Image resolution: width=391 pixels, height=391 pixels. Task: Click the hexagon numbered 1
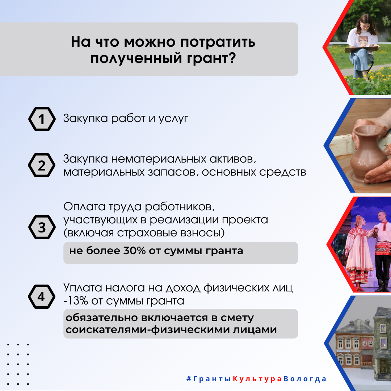pos(42,119)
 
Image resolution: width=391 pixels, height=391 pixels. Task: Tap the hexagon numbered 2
pos(42,165)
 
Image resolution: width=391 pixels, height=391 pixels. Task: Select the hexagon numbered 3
pos(42,227)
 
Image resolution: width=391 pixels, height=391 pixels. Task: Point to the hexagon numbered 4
pos(42,297)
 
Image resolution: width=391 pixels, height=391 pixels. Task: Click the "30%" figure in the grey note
pos(134,251)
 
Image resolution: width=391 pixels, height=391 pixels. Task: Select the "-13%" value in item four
pos(76,301)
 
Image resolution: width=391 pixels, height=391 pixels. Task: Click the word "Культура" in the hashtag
pos(257,379)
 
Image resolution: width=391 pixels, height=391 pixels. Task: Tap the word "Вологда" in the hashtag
pos(305,379)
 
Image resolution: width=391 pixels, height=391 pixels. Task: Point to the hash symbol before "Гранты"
pos(189,379)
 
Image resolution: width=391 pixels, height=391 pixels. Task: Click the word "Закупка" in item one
pos(85,118)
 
